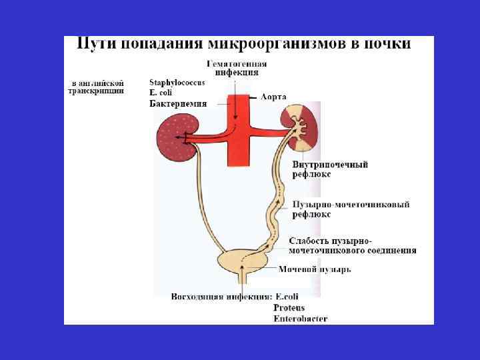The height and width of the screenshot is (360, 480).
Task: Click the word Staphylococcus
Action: click(177, 82)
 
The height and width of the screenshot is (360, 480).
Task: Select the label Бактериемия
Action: click(177, 103)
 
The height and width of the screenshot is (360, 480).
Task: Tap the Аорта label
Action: click(273, 97)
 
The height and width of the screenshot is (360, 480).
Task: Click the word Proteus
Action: click(289, 307)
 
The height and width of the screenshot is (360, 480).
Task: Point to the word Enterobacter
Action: click(300, 319)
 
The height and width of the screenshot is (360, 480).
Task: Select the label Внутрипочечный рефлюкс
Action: click(329, 169)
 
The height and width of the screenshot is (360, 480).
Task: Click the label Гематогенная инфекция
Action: click(232, 67)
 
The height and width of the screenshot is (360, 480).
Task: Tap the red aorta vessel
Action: click(237, 133)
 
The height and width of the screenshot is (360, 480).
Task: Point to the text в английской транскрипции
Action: click(97, 87)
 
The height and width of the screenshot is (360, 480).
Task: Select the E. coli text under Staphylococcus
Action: click(161, 93)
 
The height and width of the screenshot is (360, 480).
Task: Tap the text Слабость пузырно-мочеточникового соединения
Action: click(352, 245)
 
